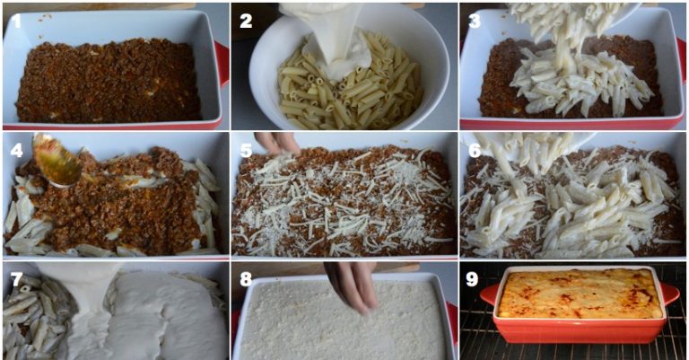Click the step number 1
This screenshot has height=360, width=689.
16,21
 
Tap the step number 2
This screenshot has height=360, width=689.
246,22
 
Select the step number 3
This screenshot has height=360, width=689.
474,22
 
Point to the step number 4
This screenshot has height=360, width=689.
16,150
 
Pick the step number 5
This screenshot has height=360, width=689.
246,150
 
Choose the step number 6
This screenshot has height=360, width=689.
475,150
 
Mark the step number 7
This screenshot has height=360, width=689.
16,278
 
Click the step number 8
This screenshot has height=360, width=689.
246,278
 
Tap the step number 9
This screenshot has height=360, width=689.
472,278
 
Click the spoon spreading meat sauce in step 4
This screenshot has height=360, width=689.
57,160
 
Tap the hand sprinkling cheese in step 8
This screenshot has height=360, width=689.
352,285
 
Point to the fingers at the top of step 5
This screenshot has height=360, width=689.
277,143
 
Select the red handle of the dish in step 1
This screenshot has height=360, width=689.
222,64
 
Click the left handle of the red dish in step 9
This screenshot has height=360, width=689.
489,294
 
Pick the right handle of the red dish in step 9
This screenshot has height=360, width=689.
669,294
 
